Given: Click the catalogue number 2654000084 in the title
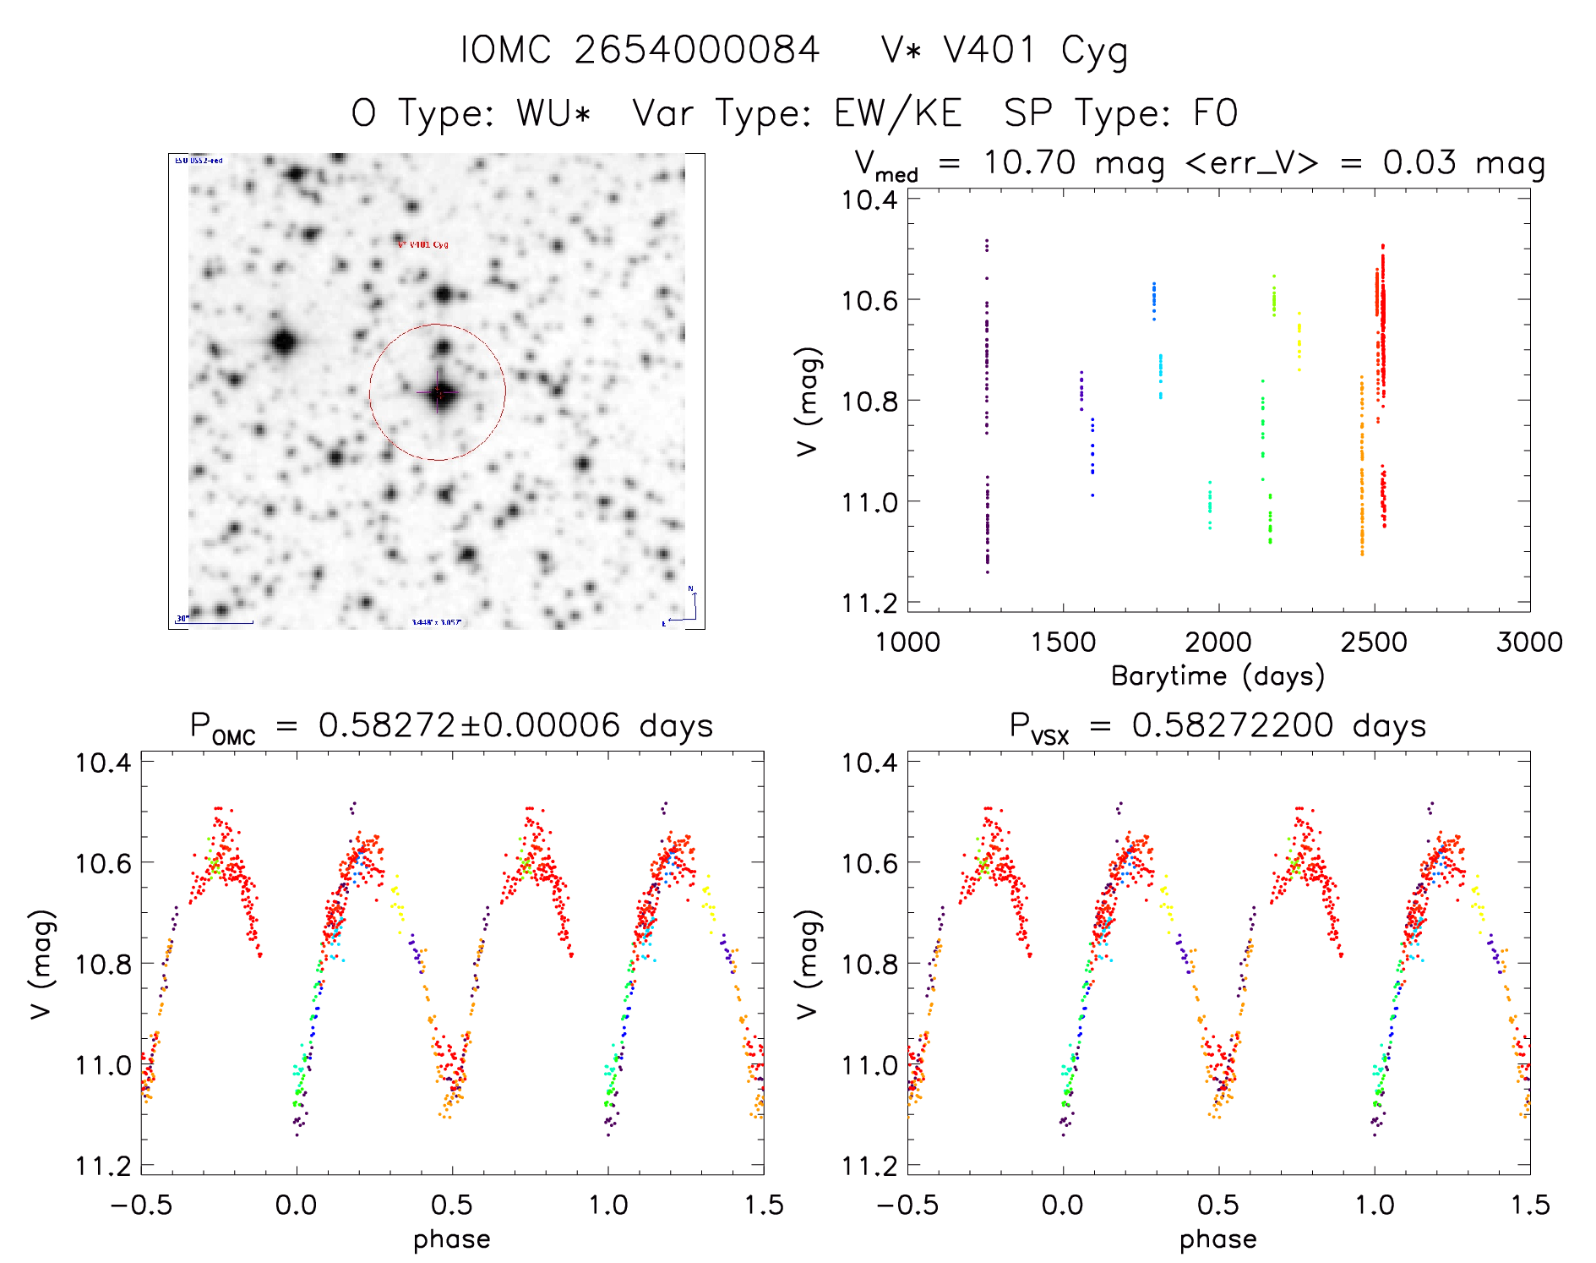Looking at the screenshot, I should (x=696, y=50).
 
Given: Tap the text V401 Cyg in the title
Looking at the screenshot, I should (x=1036, y=51).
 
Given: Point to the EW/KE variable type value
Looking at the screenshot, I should (x=897, y=113).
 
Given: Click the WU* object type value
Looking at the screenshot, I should (x=553, y=113).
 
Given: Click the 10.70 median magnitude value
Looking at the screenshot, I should (x=1029, y=162).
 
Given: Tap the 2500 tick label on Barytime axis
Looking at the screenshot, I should (x=1373, y=642).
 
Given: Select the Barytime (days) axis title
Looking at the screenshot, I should (x=1217, y=676).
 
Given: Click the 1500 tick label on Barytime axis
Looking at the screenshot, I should (x=1063, y=642).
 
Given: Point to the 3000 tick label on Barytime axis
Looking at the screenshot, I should (x=1528, y=642).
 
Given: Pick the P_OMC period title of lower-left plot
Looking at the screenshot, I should (x=452, y=726).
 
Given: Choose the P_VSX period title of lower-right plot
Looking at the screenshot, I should (x=1217, y=726).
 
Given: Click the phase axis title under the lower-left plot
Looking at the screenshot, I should (x=452, y=1239).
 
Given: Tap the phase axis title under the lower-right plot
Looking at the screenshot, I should (x=1217, y=1239).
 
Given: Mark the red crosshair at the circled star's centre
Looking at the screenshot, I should (x=438, y=392).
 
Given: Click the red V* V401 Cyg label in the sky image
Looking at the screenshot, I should (x=423, y=244).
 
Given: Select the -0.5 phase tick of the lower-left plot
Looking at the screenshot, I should (x=141, y=1206).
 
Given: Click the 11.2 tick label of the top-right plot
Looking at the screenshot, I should (x=869, y=603).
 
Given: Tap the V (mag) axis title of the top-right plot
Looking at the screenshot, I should (x=808, y=402).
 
